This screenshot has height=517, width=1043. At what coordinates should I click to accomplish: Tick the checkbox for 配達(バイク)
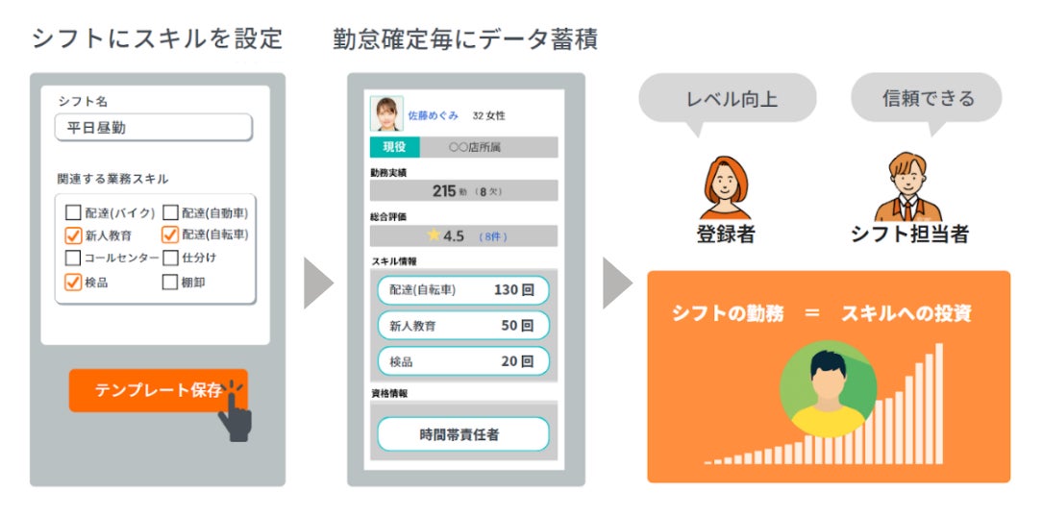tap(73, 213)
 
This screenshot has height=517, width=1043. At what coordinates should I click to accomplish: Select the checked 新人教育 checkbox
tap(73, 235)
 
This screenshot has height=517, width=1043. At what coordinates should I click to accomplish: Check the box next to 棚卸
tap(170, 283)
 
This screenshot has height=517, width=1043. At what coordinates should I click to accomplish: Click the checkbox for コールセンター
tap(73, 258)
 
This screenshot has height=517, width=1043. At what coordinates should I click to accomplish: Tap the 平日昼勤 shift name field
tap(154, 128)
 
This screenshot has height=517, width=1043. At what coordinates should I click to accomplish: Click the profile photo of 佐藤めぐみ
tap(386, 114)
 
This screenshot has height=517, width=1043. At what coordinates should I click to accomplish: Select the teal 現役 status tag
tap(394, 147)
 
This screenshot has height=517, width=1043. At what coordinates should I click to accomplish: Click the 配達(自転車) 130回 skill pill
tap(462, 290)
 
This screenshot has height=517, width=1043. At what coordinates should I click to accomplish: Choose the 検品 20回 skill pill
tap(462, 361)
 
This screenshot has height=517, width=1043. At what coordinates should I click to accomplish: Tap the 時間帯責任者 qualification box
tap(462, 434)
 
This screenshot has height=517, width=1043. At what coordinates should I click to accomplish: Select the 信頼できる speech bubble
tap(927, 98)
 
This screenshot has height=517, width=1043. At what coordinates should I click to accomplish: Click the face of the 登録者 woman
tap(725, 182)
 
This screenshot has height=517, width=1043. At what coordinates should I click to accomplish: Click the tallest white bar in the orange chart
tap(939, 404)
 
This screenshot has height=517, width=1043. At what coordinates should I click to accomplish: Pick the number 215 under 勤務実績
tap(443, 191)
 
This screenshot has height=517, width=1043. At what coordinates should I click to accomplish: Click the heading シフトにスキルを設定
tap(157, 38)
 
